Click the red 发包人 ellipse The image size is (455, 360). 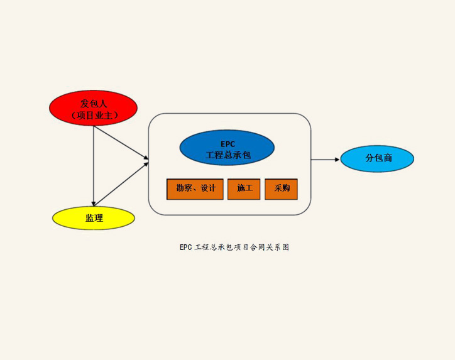(x=93, y=108)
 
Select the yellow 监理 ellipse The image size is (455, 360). (x=94, y=218)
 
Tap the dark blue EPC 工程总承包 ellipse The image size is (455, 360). (x=227, y=148)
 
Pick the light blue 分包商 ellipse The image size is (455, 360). (x=377, y=158)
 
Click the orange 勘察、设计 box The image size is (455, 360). (x=195, y=189)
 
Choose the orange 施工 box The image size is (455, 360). (x=244, y=189)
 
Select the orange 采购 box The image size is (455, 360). (x=281, y=189)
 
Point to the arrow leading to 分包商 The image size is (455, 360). (x=326, y=159)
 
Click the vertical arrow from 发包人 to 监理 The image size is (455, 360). (x=94, y=166)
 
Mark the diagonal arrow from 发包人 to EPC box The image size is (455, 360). (x=121, y=143)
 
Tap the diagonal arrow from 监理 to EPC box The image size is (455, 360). (x=121, y=184)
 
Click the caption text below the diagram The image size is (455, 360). (x=234, y=247)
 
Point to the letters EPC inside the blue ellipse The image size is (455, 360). (x=227, y=144)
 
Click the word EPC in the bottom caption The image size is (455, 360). (x=186, y=247)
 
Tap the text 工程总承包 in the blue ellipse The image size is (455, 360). (x=228, y=155)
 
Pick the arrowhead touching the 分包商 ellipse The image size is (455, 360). (x=337, y=159)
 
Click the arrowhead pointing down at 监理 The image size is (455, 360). (x=94, y=204)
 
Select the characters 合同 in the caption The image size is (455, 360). (x=258, y=247)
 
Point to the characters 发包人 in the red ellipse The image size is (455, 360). (x=94, y=104)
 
